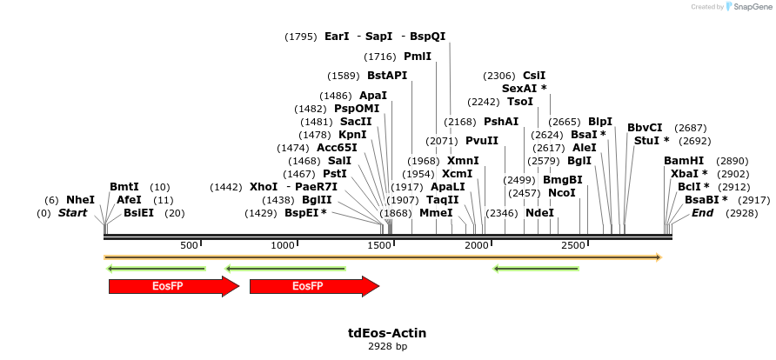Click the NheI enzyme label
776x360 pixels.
pyautogui.click(x=81, y=200)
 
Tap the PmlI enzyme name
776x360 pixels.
pyautogui.click(x=418, y=56)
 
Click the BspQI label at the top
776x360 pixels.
pyautogui.click(x=428, y=37)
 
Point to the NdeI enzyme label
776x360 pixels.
pyautogui.click(x=539, y=213)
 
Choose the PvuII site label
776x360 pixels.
pyautogui.click(x=482, y=141)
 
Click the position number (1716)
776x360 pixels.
pyautogui.click(x=381, y=56)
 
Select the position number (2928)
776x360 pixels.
pyautogui.click(x=742, y=213)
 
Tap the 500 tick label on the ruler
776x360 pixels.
pyautogui.click(x=190, y=246)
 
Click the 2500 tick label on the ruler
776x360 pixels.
pyautogui.click(x=572, y=246)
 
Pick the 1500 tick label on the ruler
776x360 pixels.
pyautogui.click(x=381, y=246)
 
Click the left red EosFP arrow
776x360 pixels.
pyautogui.click(x=173, y=286)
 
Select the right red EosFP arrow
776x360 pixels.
pyautogui.click(x=314, y=286)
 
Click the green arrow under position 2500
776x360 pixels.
pyautogui.click(x=536, y=269)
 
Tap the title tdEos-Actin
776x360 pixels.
pyautogui.click(x=387, y=333)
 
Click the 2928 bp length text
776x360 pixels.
pyautogui.click(x=387, y=346)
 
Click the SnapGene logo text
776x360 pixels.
pyautogui.click(x=752, y=7)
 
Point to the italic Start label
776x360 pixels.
pyautogui.click(x=73, y=213)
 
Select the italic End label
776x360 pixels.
pyautogui.click(x=702, y=213)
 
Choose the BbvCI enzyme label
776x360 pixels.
pyautogui.click(x=645, y=128)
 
